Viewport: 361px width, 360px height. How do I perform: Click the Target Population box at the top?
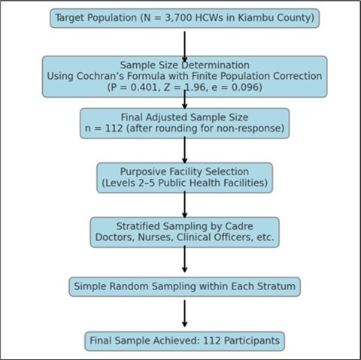[184, 18]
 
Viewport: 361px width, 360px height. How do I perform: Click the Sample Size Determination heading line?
[184, 65]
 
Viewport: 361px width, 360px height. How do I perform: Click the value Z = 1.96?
[185, 87]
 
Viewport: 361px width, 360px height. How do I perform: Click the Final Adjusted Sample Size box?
[184, 123]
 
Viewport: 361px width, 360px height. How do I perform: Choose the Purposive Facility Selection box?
[184, 177]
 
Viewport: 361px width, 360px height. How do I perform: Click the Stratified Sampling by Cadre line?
[184, 226]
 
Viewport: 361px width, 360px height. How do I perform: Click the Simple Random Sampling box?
[184, 286]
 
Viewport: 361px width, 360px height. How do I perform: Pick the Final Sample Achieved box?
[184, 341]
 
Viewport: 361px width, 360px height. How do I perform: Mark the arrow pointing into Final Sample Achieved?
[184, 314]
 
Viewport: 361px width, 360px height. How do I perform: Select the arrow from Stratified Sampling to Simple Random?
[184, 260]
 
